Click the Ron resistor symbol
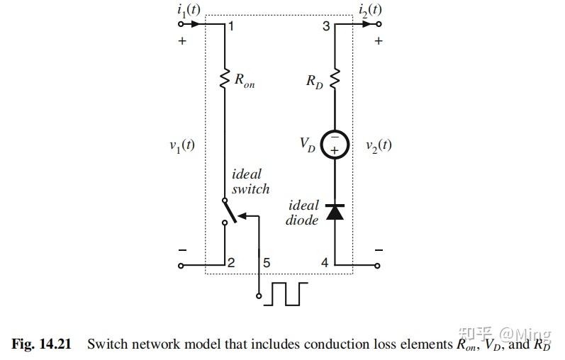point(225,79)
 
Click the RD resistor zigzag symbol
point(335,79)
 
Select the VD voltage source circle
point(335,145)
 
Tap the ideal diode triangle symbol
point(335,212)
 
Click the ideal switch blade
point(230,211)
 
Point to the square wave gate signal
point(286,294)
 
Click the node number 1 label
point(231,26)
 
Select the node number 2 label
point(231,263)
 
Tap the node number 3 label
point(326,26)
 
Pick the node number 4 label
point(325,263)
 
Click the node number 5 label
point(267,263)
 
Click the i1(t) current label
point(189,10)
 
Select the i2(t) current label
point(370,10)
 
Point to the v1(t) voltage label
point(182,145)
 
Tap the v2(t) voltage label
point(379,145)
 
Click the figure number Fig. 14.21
point(41,344)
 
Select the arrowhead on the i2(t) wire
point(367,24)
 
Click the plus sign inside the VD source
point(335,150)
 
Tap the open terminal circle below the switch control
point(259,296)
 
